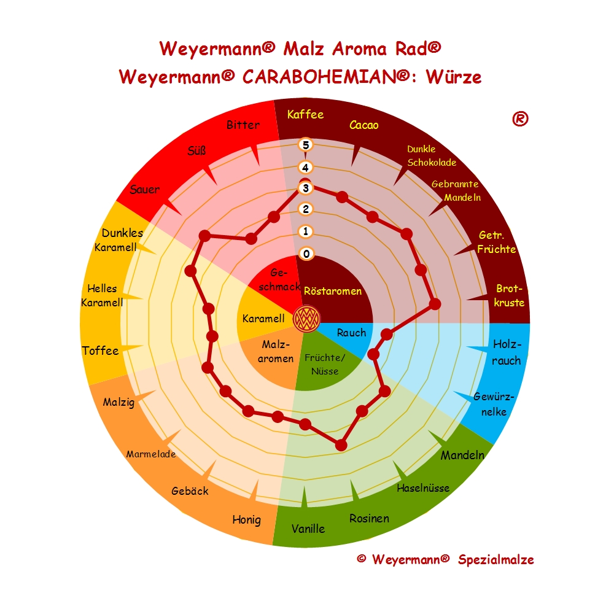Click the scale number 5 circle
point(306,145)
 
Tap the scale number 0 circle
point(306,254)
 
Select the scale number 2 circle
point(306,209)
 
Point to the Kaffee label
point(305,114)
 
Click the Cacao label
point(364,125)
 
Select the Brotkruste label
point(510,295)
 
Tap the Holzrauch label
point(507,352)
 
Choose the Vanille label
point(308,528)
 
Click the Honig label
point(246,520)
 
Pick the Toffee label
point(100,351)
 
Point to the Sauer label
point(144,189)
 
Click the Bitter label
point(243,125)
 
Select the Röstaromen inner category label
point(333,291)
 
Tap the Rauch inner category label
point(351,333)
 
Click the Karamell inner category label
point(263,319)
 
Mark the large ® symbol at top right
point(519,119)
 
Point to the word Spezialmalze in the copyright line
point(495,559)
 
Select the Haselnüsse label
point(423,488)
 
